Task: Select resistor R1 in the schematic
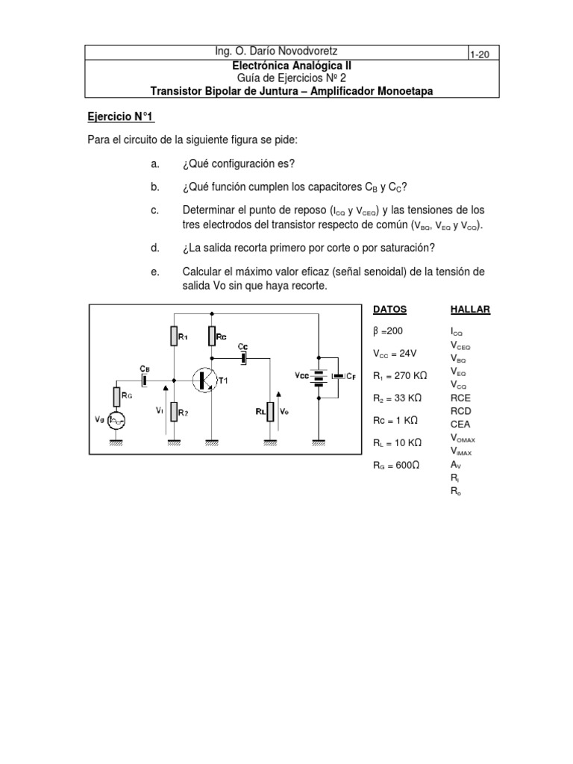[173, 336]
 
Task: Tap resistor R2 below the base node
[173, 410]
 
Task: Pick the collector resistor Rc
[212, 336]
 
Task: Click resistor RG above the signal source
[117, 396]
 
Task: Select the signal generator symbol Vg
[117, 422]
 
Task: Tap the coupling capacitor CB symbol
[144, 379]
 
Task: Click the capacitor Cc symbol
[243, 359]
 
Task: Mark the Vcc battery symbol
[319, 377]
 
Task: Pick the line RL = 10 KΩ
[398, 442]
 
